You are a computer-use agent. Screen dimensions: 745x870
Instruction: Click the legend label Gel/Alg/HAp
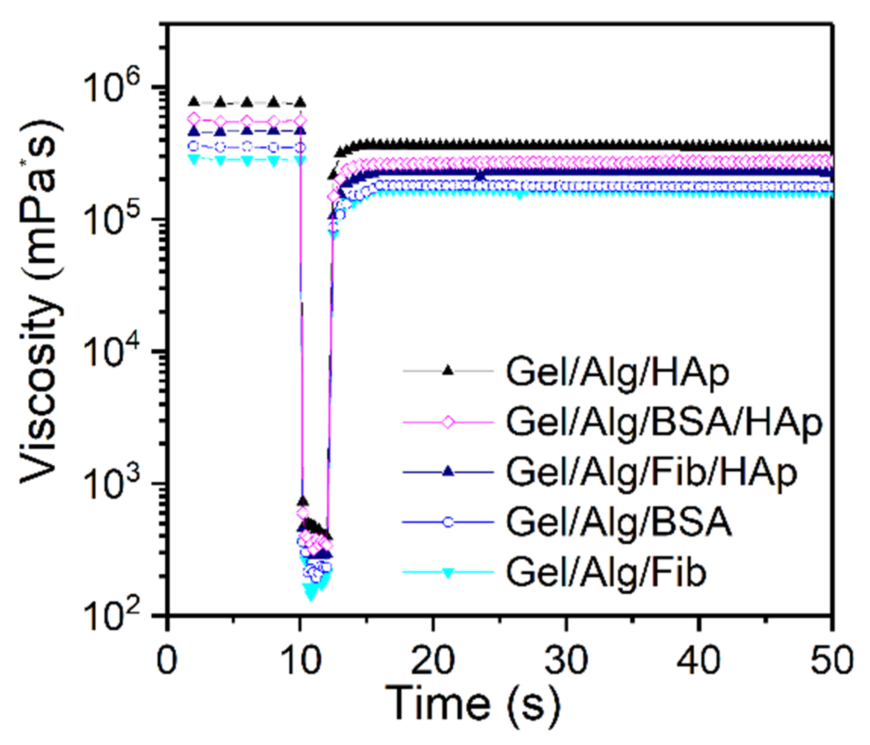point(617,373)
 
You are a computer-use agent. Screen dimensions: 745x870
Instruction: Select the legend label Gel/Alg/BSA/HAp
point(664,422)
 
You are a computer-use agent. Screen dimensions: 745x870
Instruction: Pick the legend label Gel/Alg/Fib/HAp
point(651,472)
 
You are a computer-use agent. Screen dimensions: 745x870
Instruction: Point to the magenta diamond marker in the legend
point(448,422)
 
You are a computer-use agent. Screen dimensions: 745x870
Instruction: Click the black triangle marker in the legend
point(448,371)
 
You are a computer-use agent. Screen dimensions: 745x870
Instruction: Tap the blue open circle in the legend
point(448,522)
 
